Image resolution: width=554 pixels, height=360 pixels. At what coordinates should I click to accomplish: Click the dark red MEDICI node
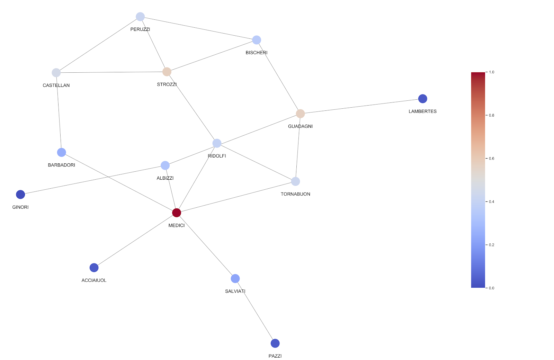coord(177,213)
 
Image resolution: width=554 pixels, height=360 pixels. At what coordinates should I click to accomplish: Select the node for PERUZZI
coord(140,17)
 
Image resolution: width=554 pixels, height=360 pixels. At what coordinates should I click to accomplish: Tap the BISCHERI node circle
coord(257,40)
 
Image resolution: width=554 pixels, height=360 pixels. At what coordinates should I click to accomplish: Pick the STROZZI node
coord(167,72)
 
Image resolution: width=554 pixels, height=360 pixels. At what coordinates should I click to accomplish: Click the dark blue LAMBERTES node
coord(422,99)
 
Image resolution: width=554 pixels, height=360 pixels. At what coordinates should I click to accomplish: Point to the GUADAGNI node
coord(300,114)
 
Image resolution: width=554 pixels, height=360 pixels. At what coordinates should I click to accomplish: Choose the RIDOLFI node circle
coord(217,143)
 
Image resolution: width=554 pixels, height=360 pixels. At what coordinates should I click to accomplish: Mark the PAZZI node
coord(275,343)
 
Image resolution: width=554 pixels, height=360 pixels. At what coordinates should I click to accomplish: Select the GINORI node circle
coord(20,195)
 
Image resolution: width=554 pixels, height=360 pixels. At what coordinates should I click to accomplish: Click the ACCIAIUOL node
coord(94,268)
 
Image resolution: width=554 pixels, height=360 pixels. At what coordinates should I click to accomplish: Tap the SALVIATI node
coord(235,278)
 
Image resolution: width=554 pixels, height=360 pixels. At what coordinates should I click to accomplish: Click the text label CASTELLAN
coord(56,85)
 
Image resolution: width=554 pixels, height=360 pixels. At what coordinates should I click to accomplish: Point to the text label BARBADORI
coord(61,165)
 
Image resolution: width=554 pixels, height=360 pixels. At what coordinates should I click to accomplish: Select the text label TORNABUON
coord(295,194)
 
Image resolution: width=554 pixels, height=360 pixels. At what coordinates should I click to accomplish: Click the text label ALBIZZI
coord(165,178)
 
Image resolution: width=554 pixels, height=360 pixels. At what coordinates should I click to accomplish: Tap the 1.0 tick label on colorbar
coord(491,72)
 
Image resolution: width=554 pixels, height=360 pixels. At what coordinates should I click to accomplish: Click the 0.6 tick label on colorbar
coord(491,159)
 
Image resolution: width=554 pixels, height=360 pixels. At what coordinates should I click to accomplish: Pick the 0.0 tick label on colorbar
coord(491,288)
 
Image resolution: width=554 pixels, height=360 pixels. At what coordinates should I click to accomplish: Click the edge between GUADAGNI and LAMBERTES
coord(361,106)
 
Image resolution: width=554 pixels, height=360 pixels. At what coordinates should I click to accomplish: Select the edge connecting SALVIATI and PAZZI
coord(255,311)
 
